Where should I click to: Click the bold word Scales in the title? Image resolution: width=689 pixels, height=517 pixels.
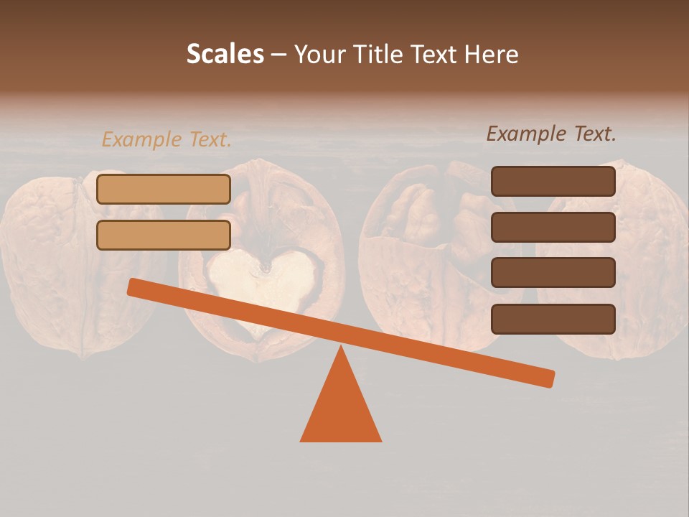[225, 54]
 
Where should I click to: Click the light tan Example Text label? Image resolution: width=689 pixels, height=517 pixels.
[167, 140]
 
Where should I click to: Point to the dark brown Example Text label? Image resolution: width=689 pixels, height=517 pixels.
[551, 134]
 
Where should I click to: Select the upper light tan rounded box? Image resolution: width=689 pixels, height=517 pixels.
[164, 190]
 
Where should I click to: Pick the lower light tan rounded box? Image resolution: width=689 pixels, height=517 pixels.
[164, 236]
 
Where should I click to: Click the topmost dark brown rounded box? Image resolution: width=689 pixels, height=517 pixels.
[553, 182]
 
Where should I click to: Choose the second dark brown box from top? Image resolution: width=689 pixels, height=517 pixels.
[553, 227]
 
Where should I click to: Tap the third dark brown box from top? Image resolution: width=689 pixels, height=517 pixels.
[553, 273]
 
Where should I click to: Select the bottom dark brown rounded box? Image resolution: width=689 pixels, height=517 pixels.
[553, 319]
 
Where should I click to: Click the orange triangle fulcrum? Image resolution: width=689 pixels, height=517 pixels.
[341, 409]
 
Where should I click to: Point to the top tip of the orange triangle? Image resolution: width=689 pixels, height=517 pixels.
[341, 349]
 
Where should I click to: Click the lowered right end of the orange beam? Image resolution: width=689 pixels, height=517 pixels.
[548, 378]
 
